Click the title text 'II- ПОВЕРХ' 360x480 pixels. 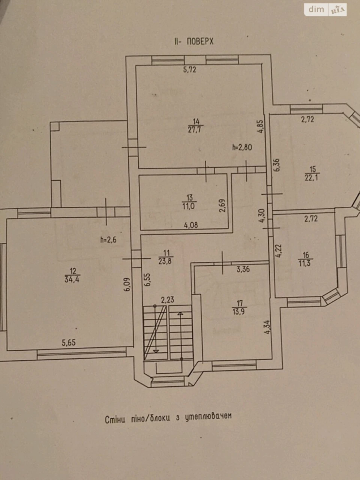point(194,41)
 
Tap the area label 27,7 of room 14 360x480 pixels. point(196,129)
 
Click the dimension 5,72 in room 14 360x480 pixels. point(190,69)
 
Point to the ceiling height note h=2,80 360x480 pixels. point(242,147)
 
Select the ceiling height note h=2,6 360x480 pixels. point(108,240)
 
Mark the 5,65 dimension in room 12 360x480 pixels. point(69,343)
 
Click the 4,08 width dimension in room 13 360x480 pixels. point(191,225)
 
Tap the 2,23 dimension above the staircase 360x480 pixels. point(168,300)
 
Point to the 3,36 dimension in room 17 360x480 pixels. point(243,269)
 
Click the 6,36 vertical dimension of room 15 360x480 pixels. point(276,165)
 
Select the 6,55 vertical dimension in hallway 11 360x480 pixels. point(147,279)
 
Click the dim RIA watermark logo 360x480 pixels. point(325,10)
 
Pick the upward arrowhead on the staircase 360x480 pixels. point(180,313)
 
